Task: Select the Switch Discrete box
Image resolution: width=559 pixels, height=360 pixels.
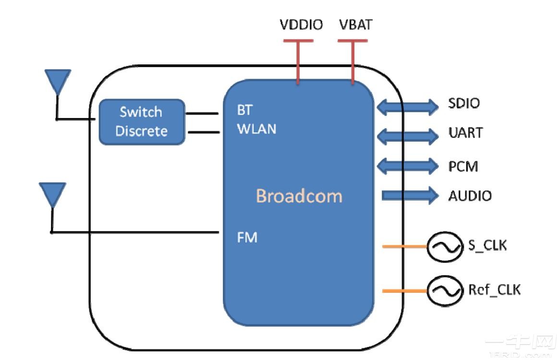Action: [x=141, y=121]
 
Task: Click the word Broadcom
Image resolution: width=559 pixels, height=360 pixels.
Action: [x=299, y=196]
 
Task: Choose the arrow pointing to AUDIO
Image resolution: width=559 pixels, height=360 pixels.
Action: [x=410, y=195]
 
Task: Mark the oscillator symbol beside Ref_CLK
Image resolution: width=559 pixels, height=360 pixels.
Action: [x=440, y=291]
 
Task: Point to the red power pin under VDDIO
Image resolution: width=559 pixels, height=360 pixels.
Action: [x=297, y=62]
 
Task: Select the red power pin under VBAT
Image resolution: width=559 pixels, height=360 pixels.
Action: [x=353, y=62]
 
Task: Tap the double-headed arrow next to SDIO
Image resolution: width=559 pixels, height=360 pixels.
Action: [x=407, y=107]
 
